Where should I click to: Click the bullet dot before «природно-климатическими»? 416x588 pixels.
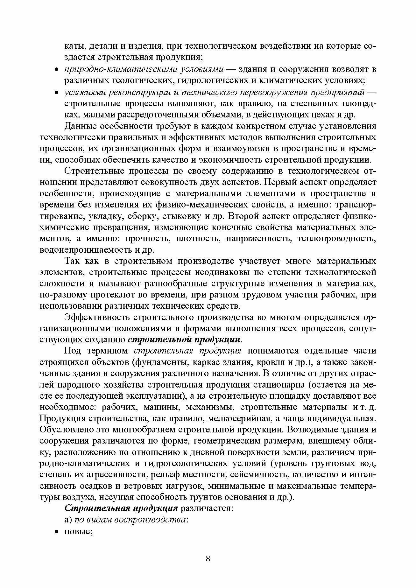56,69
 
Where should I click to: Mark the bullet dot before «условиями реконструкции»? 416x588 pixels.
56,93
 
